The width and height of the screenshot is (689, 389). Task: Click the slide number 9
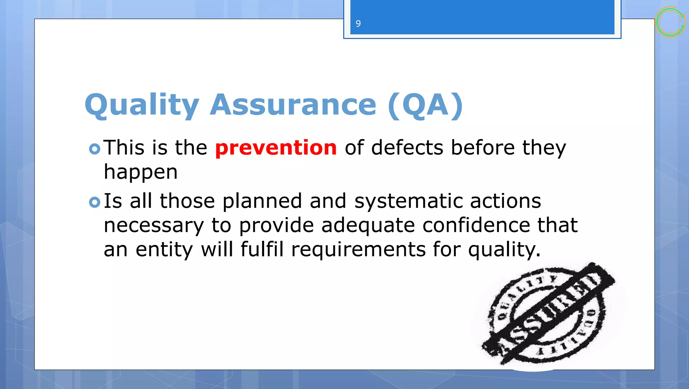pos(358,24)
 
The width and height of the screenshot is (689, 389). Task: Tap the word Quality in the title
pos(142,105)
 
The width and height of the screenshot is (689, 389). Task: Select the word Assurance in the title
pos(293,105)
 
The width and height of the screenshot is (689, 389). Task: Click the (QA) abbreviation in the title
pos(425,105)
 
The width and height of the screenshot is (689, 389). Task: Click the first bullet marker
pos(95,149)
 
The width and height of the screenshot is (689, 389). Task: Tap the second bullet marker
pos(95,202)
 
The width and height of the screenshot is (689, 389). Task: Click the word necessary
pos(153,225)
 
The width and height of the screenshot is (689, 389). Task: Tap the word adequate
pos(368,225)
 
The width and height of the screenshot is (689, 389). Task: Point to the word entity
pos(164,250)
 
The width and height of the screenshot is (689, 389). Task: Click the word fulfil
pos(262,250)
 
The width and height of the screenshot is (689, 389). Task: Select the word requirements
pos(358,250)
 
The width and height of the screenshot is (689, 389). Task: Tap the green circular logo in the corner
pos(670,22)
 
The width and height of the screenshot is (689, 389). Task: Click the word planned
pos(262,201)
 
